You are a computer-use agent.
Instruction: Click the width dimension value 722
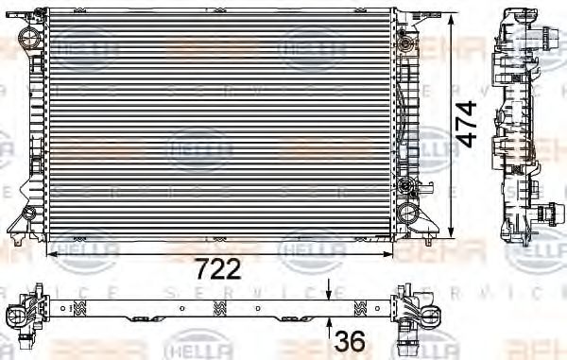click(219, 268)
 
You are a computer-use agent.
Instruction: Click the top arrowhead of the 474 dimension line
click(453, 14)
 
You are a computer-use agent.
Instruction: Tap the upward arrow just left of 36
click(328, 331)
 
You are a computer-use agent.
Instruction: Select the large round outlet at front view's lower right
click(408, 212)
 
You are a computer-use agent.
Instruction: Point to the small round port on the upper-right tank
click(405, 44)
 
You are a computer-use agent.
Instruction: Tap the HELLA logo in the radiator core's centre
click(199, 148)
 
